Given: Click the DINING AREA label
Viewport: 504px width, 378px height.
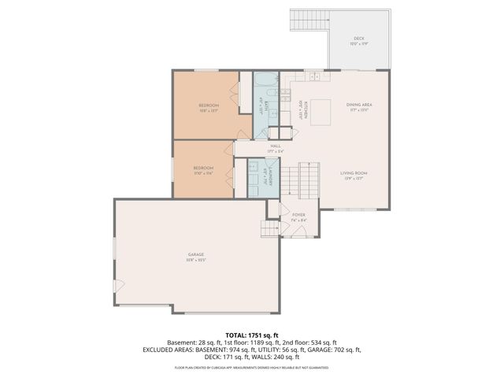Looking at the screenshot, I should [x=358, y=105].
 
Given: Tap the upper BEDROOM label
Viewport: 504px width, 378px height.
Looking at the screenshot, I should [x=208, y=106].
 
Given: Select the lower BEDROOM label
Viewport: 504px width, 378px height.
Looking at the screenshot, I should [x=203, y=169].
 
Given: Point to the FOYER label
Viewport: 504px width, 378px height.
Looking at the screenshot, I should [x=298, y=214].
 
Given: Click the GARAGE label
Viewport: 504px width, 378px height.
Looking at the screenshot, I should [x=195, y=254].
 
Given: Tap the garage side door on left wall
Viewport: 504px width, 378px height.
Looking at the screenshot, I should [x=117, y=285].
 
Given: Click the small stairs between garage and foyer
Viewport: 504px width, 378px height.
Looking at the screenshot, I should [x=270, y=228].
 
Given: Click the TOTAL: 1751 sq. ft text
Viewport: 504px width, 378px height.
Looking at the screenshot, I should [x=251, y=335].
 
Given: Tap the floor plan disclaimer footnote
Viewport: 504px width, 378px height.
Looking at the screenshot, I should [x=251, y=367].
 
